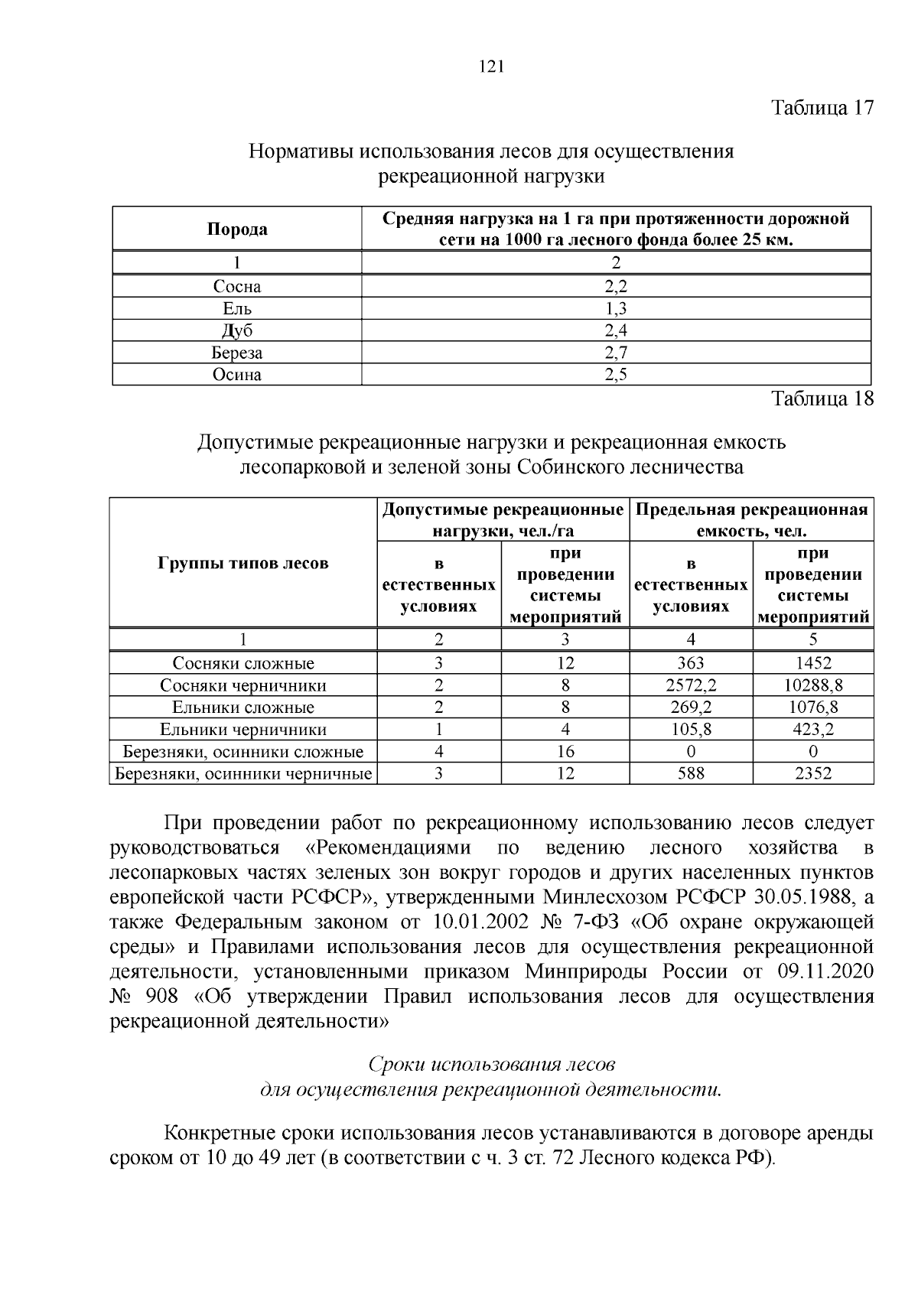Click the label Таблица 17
point(822,107)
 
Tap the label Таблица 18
point(822,399)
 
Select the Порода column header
point(237,229)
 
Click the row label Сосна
point(237,287)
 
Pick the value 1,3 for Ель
point(616,309)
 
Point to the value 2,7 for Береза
point(616,353)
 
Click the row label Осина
point(237,375)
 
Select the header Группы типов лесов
point(243,564)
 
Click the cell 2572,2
point(691,685)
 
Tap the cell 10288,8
point(813,685)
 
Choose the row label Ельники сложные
point(243,708)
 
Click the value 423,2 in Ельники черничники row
point(813,730)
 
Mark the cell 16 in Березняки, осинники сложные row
point(565,752)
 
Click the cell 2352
point(813,774)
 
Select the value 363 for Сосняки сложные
point(691,663)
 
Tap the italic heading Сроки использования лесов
point(492,1065)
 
